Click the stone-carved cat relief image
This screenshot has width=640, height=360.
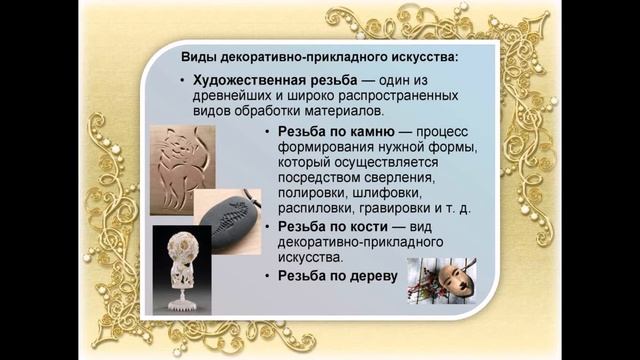coord(182,169)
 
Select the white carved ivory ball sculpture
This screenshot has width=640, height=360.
coord(182,266)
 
